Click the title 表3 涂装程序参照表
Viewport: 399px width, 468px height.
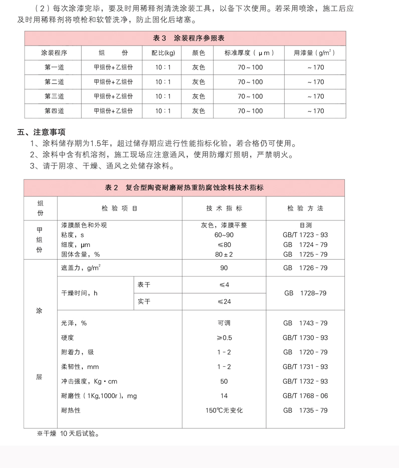pos(185,38)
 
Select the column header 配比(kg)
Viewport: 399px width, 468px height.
pos(163,53)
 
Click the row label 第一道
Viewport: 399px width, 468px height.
pos(54,67)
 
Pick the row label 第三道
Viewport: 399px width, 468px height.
pos(54,96)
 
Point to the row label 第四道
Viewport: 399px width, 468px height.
pos(54,111)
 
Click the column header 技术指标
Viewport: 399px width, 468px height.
pos(224,208)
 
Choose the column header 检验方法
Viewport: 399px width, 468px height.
pos(305,208)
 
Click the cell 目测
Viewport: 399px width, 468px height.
pos(305,225)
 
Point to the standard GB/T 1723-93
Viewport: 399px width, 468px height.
pos(305,235)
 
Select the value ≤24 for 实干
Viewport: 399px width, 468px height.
pos(224,302)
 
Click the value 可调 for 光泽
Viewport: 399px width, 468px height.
pos(224,323)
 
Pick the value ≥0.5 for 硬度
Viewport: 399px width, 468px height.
pos(224,338)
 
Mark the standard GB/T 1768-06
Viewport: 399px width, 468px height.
pos(305,396)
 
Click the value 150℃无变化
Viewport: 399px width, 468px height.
pos(224,410)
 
